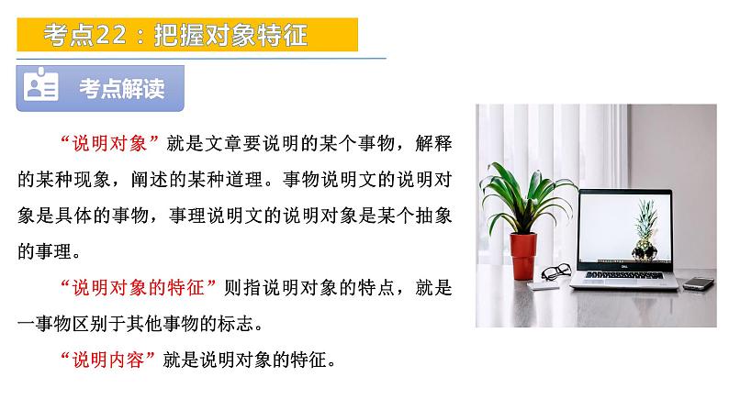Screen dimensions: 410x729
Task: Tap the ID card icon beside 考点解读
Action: coord(42,88)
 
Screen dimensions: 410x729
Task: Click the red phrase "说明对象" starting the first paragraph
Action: coord(110,144)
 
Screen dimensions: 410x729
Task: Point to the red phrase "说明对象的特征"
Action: coord(137,287)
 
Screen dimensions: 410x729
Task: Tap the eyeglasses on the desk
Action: coord(555,273)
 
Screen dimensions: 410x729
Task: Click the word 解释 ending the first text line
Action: coord(434,144)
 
